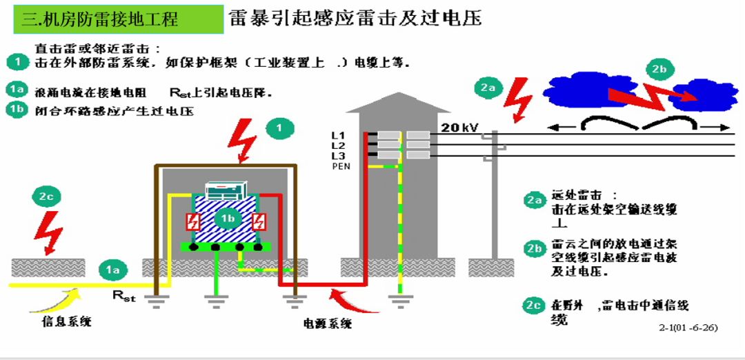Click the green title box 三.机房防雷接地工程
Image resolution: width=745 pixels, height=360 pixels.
pyautogui.click(x=118, y=19)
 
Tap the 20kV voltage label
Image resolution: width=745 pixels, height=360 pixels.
pyautogui.click(x=460, y=128)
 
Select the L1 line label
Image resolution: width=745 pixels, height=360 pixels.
pyautogui.click(x=338, y=135)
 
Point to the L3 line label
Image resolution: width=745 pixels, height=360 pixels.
pyautogui.click(x=338, y=157)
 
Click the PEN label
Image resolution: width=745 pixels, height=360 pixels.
pyautogui.click(x=341, y=166)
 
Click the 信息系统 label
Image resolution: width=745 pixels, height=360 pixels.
pyautogui.click(x=66, y=321)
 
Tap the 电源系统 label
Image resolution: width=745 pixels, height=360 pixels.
pyautogui.click(x=328, y=323)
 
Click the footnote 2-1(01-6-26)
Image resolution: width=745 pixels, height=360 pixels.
pyautogui.click(x=688, y=327)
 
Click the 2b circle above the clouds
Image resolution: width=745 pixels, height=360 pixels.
pyautogui.click(x=659, y=68)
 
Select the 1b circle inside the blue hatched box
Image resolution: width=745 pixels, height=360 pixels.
pyautogui.click(x=226, y=219)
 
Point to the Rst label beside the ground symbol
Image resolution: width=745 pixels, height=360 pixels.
pyautogui.click(x=125, y=296)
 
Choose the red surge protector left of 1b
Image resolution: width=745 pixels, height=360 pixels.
pyautogui.click(x=191, y=221)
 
